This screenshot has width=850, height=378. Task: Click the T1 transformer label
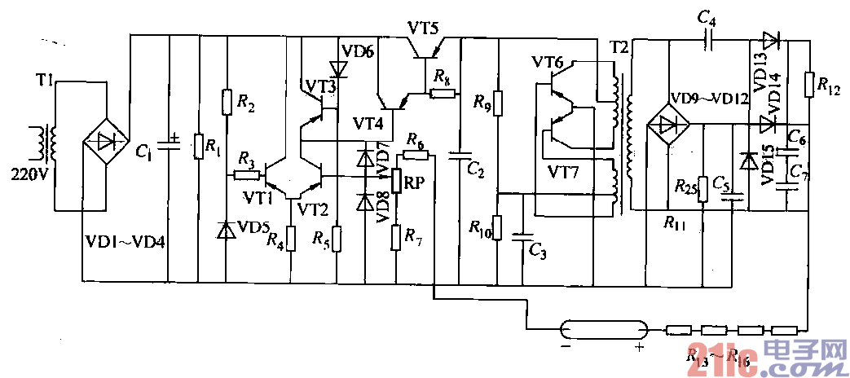click(x=45, y=81)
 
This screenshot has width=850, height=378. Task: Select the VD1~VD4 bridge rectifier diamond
click(x=106, y=140)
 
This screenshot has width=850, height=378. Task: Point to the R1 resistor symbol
click(x=198, y=147)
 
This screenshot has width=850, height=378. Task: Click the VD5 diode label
click(x=254, y=227)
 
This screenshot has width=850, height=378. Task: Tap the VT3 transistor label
click(x=320, y=86)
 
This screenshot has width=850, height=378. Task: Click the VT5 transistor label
click(x=423, y=29)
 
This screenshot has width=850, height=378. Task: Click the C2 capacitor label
click(x=476, y=170)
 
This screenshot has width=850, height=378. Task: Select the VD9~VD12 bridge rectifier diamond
click(x=667, y=125)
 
